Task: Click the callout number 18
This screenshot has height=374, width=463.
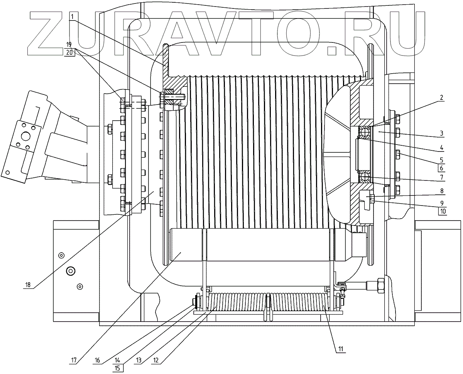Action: pos(28,286)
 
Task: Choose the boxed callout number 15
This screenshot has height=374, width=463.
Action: pos(118,368)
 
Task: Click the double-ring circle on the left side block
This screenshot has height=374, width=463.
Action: pos(71,271)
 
